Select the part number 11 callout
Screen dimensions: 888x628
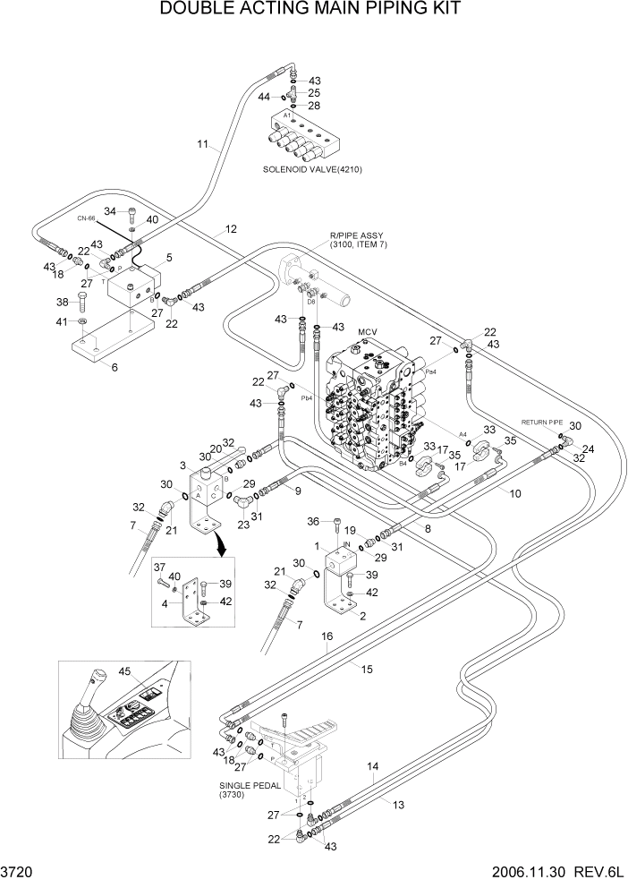pyautogui.click(x=202, y=143)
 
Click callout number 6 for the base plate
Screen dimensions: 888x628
pyautogui.click(x=113, y=366)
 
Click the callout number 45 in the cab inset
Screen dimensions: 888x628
pyautogui.click(x=124, y=672)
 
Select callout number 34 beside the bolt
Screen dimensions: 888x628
pyautogui.click(x=111, y=210)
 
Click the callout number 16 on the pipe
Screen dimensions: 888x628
pyautogui.click(x=327, y=636)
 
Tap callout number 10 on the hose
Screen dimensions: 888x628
pyautogui.click(x=515, y=493)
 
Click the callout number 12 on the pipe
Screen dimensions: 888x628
pyautogui.click(x=231, y=229)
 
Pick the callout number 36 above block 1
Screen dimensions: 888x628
pyautogui.click(x=313, y=521)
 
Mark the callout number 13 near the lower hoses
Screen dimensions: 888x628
pyautogui.click(x=398, y=805)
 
